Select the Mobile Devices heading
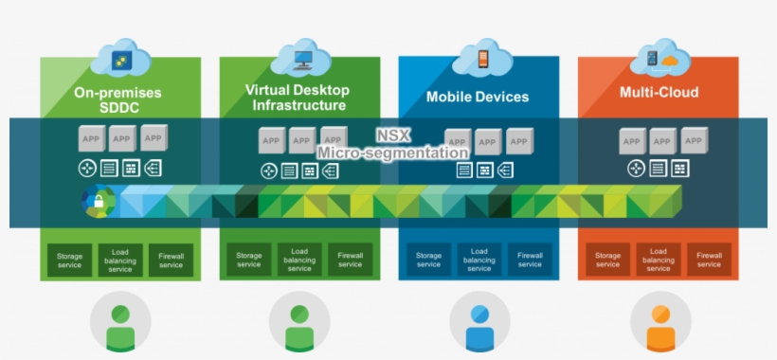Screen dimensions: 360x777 [x=478, y=97]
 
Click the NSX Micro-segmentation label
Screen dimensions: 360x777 [x=391, y=144]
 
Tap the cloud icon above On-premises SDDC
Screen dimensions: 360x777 [x=120, y=59]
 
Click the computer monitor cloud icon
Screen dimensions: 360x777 [x=300, y=58]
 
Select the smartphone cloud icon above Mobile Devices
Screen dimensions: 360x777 [x=480, y=58]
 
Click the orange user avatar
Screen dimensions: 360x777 [x=660, y=323]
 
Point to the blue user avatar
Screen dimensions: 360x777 [x=480, y=323]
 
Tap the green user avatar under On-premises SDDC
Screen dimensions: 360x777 [x=120, y=323]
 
